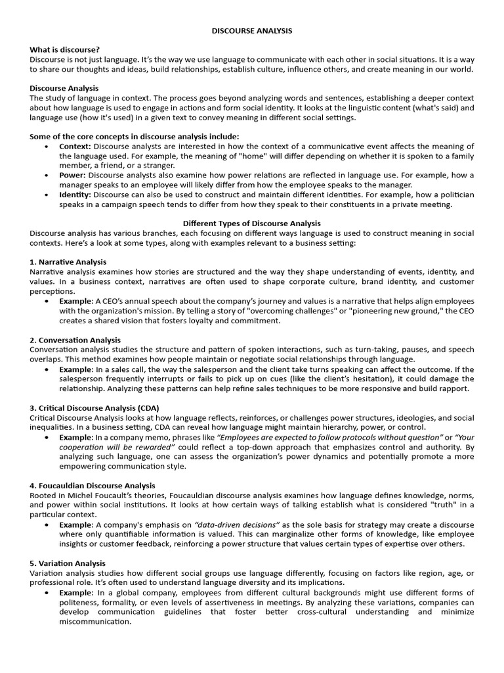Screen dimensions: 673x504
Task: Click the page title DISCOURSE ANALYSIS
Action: tap(252, 31)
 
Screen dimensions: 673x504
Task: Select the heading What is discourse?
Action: tap(65, 50)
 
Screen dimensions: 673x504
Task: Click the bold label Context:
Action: tap(75, 146)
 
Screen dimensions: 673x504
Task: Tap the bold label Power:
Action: tap(72, 175)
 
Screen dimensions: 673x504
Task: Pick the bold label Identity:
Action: tap(75, 195)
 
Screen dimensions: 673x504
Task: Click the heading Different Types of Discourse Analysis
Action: tap(251, 223)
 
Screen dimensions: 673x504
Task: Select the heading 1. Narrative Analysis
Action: tap(68, 262)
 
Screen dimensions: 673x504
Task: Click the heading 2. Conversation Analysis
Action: tap(75, 340)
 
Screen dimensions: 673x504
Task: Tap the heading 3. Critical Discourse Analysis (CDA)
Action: tap(94, 407)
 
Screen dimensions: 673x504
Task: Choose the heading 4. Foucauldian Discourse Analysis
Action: tap(93, 486)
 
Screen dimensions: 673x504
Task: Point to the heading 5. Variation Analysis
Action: tap(68, 563)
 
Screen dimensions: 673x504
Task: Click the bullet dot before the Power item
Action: tap(46, 175)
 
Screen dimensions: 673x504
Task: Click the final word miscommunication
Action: tap(95, 622)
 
